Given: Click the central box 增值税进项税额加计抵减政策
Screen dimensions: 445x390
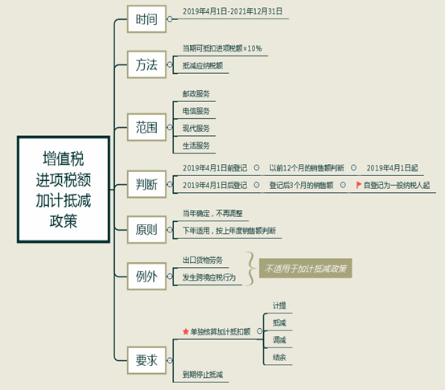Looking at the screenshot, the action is (x=64, y=189).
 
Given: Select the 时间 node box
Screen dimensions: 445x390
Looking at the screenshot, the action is (x=146, y=19).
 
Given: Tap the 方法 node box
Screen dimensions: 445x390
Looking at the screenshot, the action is (x=146, y=64).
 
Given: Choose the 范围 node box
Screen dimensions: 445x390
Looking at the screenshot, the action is (x=146, y=127).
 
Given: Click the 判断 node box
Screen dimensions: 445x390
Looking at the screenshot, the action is (x=146, y=184).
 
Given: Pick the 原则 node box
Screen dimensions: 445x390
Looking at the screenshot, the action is (x=146, y=229).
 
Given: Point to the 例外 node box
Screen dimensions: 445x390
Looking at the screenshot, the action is (x=146, y=277).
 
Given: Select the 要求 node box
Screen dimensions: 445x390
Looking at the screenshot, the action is (x=146, y=360).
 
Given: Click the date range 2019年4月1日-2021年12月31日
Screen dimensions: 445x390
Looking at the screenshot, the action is (x=233, y=11).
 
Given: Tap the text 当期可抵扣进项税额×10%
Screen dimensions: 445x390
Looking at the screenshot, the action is (x=222, y=48).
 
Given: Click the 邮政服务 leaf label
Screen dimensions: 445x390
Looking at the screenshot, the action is (x=196, y=94).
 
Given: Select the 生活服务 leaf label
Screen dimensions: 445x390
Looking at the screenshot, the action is (x=196, y=146).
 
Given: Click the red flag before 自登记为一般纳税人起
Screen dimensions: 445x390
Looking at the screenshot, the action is (x=359, y=185).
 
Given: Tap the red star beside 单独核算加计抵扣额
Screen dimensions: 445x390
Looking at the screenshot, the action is (x=186, y=331).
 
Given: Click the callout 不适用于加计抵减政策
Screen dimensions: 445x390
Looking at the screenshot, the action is (x=306, y=269).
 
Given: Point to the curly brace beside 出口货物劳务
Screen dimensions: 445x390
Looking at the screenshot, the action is (x=249, y=269).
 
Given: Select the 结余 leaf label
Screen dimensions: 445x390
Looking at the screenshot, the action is (x=279, y=357).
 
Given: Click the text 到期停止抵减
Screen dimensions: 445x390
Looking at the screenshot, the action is (x=203, y=375).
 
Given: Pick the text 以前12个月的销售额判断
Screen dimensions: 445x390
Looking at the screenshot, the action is (x=307, y=168).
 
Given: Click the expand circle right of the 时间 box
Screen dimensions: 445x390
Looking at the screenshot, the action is (x=170, y=19).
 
